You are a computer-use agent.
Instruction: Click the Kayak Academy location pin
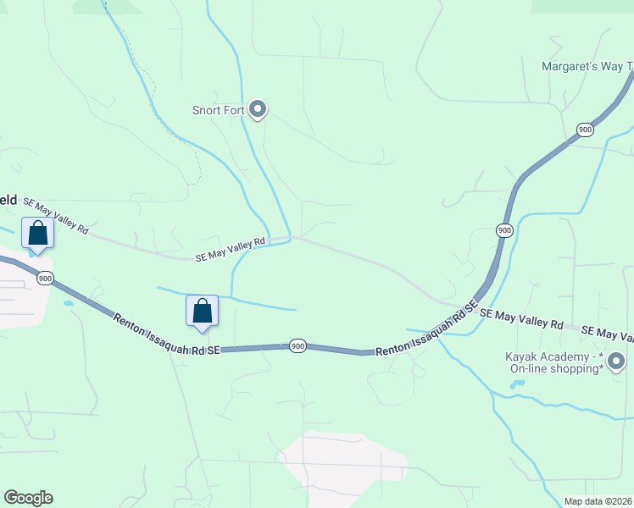click(616, 362)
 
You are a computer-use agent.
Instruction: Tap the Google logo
click(28, 498)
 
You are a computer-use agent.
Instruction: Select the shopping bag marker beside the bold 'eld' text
click(37, 233)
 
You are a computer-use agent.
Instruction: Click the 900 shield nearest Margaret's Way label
click(585, 129)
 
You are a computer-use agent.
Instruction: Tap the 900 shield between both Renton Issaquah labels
click(297, 345)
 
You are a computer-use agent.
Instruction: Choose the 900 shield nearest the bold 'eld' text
click(46, 278)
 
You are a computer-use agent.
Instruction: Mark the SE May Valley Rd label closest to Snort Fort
click(231, 248)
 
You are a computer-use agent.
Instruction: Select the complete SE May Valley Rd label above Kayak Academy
click(521, 319)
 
